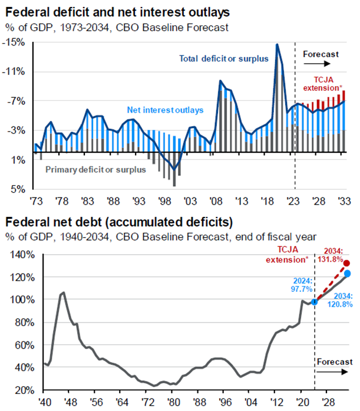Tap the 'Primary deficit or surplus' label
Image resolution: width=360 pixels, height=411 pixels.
(x=95, y=170)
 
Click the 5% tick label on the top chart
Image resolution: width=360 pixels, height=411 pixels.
(x=18, y=189)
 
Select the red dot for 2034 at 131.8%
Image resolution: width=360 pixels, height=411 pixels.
(x=347, y=264)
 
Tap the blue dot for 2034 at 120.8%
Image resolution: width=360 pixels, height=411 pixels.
(x=347, y=274)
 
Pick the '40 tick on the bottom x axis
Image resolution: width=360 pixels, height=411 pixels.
(x=42, y=402)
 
